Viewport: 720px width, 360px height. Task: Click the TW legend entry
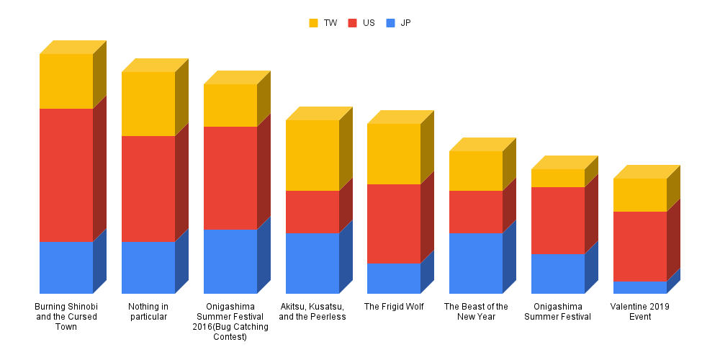pyautogui.click(x=323, y=23)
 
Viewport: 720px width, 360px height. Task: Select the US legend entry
pyautogui.click(x=361, y=23)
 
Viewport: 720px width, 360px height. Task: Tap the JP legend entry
pyautogui.click(x=399, y=23)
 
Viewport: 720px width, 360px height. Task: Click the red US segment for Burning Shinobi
pyautogui.click(x=66, y=175)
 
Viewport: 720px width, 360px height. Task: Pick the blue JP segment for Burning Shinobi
pyautogui.click(x=66, y=267)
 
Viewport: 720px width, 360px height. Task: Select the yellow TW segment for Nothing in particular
pyautogui.click(x=148, y=104)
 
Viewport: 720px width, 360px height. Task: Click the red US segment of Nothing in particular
pyautogui.click(x=148, y=189)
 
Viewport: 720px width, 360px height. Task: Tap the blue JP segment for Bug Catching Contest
pyautogui.click(x=230, y=261)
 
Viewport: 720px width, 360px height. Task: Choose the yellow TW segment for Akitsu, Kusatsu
pyautogui.click(x=312, y=156)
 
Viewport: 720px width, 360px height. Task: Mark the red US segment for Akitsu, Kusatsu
pyautogui.click(x=312, y=212)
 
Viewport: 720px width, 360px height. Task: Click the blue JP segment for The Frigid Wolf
pyautogui.click(x=394, y=278)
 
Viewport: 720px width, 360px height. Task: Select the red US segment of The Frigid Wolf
pyautogui.click(x=394, y=224)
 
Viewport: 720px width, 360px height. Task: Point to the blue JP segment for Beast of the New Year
pyautogui.click(x=476, y=263)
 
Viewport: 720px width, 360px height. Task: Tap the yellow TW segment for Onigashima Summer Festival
pyautogui.click(x=558, y=178)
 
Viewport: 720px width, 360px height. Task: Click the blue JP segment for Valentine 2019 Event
pyautogui.click(x=640, y=287)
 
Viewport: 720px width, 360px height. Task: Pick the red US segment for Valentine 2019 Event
pyautogui.click(x=640, y=246)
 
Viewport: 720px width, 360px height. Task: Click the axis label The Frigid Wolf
pyautogui.click(x=394, y=307)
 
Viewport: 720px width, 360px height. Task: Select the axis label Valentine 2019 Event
pyautogui.click(x=640, y=311)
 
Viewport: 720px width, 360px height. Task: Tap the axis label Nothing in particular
pyautogui.click(x=148, y=311)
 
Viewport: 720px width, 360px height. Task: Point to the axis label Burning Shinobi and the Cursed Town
pyautogui.click(x=66, y=316)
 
